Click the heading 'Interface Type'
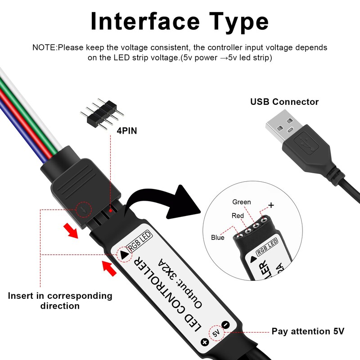click(x=180, y=21)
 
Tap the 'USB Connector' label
click(x=284, y=102)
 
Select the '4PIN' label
click(x=126, y=131)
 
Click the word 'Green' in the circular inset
click(x=242, y=202)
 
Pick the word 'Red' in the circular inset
click(x=238, y=216)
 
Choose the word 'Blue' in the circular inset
click(x=217, y=237)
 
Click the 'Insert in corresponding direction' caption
click(x=60, y=301)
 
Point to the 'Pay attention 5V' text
click(x=308, y=331)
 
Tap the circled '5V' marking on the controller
click(x=216, y=333)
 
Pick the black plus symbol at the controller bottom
click(x=205, y=342)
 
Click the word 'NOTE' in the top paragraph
click(x=44, y=47)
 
